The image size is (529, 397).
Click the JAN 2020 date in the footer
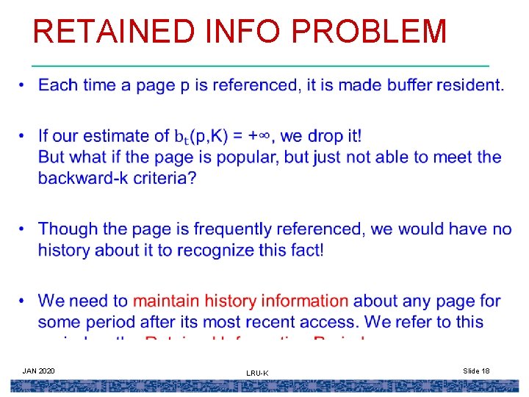(38, 371)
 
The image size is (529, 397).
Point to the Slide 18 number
(477, 371)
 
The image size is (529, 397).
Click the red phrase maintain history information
(241, 301)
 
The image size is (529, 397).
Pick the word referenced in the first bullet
(254, 85)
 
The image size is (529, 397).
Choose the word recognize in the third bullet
(198, 250)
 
